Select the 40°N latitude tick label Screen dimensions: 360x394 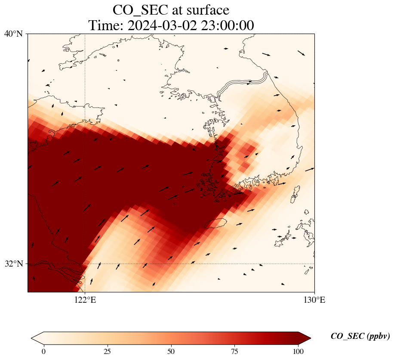coord(13,34)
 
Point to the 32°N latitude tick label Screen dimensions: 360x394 coord(13,264)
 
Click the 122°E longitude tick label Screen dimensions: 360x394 coord(85,300)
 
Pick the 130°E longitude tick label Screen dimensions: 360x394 coord(314,300)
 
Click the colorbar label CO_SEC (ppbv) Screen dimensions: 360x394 coord(360,337)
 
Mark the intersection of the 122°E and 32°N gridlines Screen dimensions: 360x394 coord(85,264)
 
